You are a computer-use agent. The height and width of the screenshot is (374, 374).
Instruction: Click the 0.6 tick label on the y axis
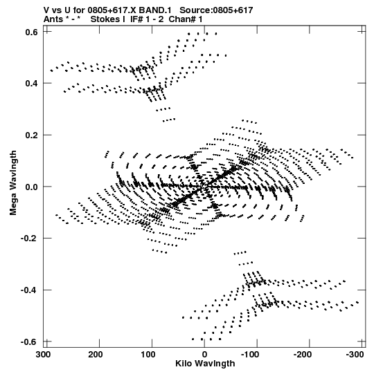[x=32, y=32]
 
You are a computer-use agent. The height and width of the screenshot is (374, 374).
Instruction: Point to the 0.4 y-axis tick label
[x=32, y=84]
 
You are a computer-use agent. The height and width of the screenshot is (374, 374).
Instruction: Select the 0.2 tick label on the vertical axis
[x=32, y=135]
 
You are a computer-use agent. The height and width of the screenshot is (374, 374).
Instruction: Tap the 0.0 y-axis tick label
[x=32, y=187]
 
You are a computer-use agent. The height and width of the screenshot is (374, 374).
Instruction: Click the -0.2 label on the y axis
[x=30, y=239]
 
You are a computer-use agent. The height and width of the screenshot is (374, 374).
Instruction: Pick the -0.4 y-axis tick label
[x=30, y=290]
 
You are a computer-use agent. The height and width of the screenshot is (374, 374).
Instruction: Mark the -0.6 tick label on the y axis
[x=30, y=342]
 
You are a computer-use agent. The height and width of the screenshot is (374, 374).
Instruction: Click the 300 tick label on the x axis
[x=44, y=355]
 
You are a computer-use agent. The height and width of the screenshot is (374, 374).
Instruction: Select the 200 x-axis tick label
[x=96, y=355]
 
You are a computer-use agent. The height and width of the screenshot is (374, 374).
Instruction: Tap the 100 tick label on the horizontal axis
[x=148, y=355]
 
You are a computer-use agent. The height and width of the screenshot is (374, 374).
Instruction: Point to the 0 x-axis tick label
[x=204, y=355]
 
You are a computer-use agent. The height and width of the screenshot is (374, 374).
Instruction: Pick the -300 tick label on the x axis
[x=355, y=355]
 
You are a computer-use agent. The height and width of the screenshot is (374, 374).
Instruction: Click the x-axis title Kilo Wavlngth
[x=205, y=364]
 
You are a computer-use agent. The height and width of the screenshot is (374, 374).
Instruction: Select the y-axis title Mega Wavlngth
[x=13, y=183]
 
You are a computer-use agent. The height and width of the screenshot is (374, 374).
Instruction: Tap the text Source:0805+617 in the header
[x=216, y=10]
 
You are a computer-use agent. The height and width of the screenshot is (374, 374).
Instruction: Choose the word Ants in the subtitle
[x=53, y=19]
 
